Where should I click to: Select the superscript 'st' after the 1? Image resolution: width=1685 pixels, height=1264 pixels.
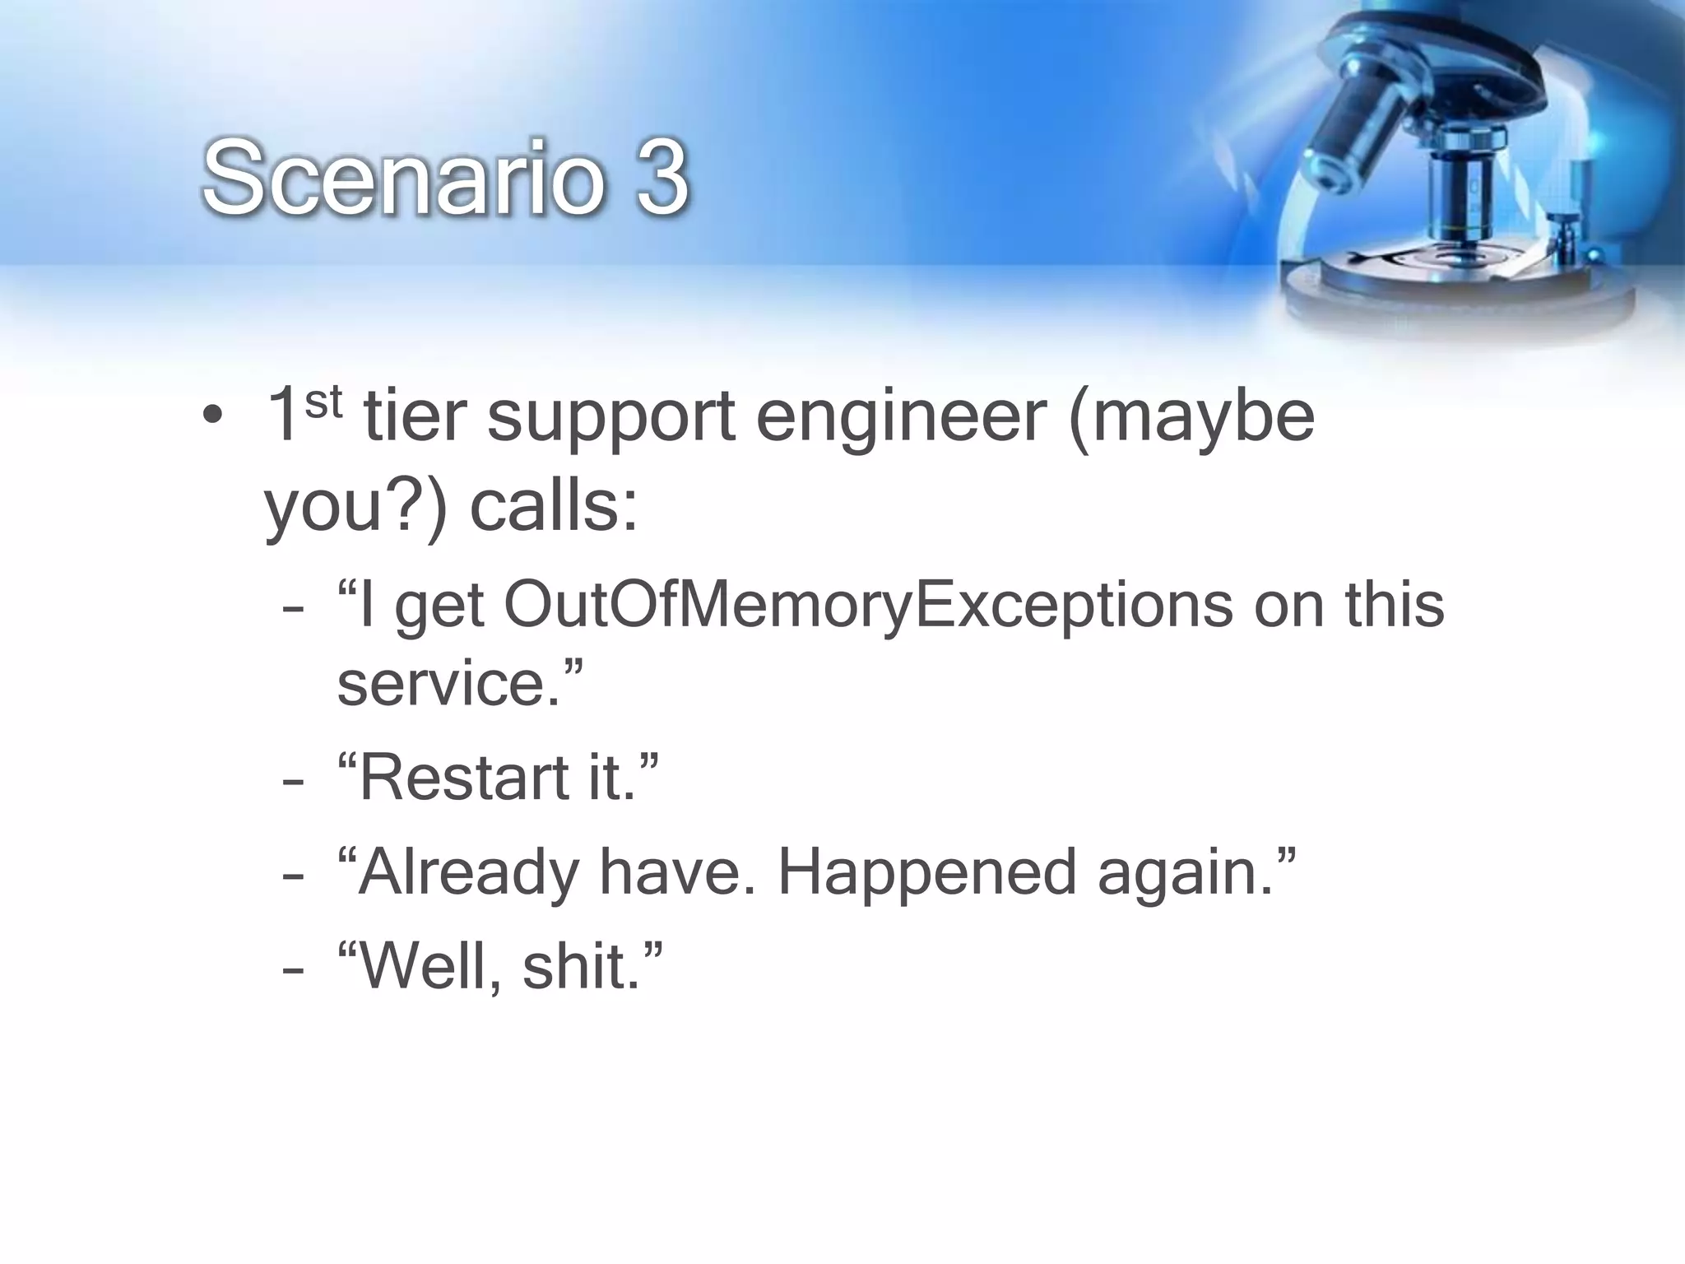pyautogui.click(x=323, y=403)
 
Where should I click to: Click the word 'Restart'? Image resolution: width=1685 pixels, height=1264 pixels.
pyautogui.click(x=462, y=778)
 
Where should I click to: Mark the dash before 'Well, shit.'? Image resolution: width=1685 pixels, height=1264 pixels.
pyautogui.click(x=292, y=970)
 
